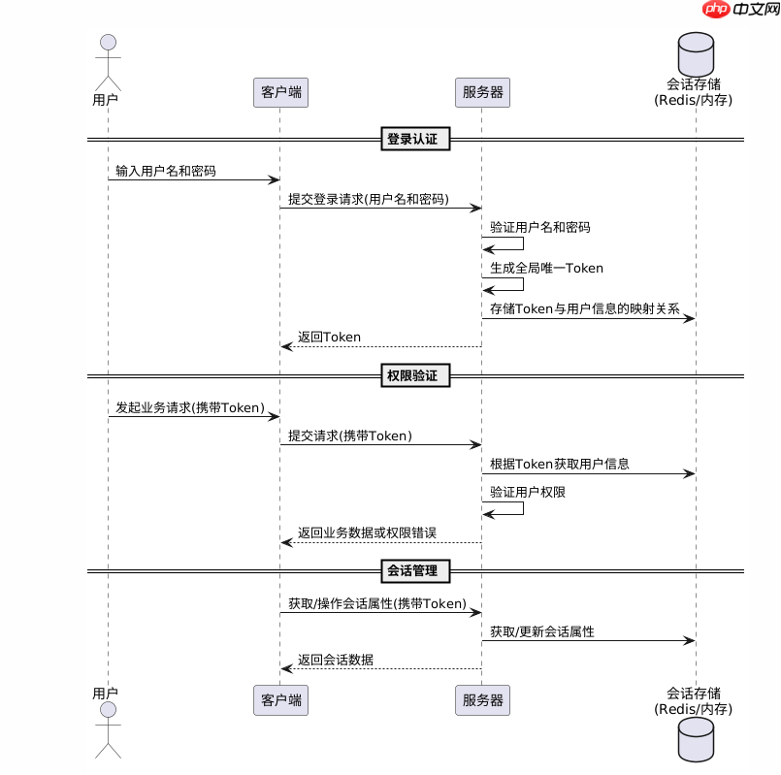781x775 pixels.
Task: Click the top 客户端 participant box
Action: [280, 92]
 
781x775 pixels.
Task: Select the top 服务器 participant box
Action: [482, 92]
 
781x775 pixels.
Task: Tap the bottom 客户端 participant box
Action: [280, 700]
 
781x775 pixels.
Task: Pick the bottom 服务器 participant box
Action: [482, 700]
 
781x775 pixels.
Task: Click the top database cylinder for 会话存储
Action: [695, 53]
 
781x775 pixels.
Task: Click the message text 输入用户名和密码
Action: [165, 172]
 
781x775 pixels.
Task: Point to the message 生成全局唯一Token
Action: [547, 269]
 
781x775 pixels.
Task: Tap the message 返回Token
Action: [329, 338]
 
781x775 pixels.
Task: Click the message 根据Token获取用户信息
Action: [559, 465]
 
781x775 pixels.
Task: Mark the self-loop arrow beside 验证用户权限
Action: [504, 508]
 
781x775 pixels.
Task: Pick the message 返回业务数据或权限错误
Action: [367, 533]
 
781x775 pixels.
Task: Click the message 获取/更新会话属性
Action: [541, 632]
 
